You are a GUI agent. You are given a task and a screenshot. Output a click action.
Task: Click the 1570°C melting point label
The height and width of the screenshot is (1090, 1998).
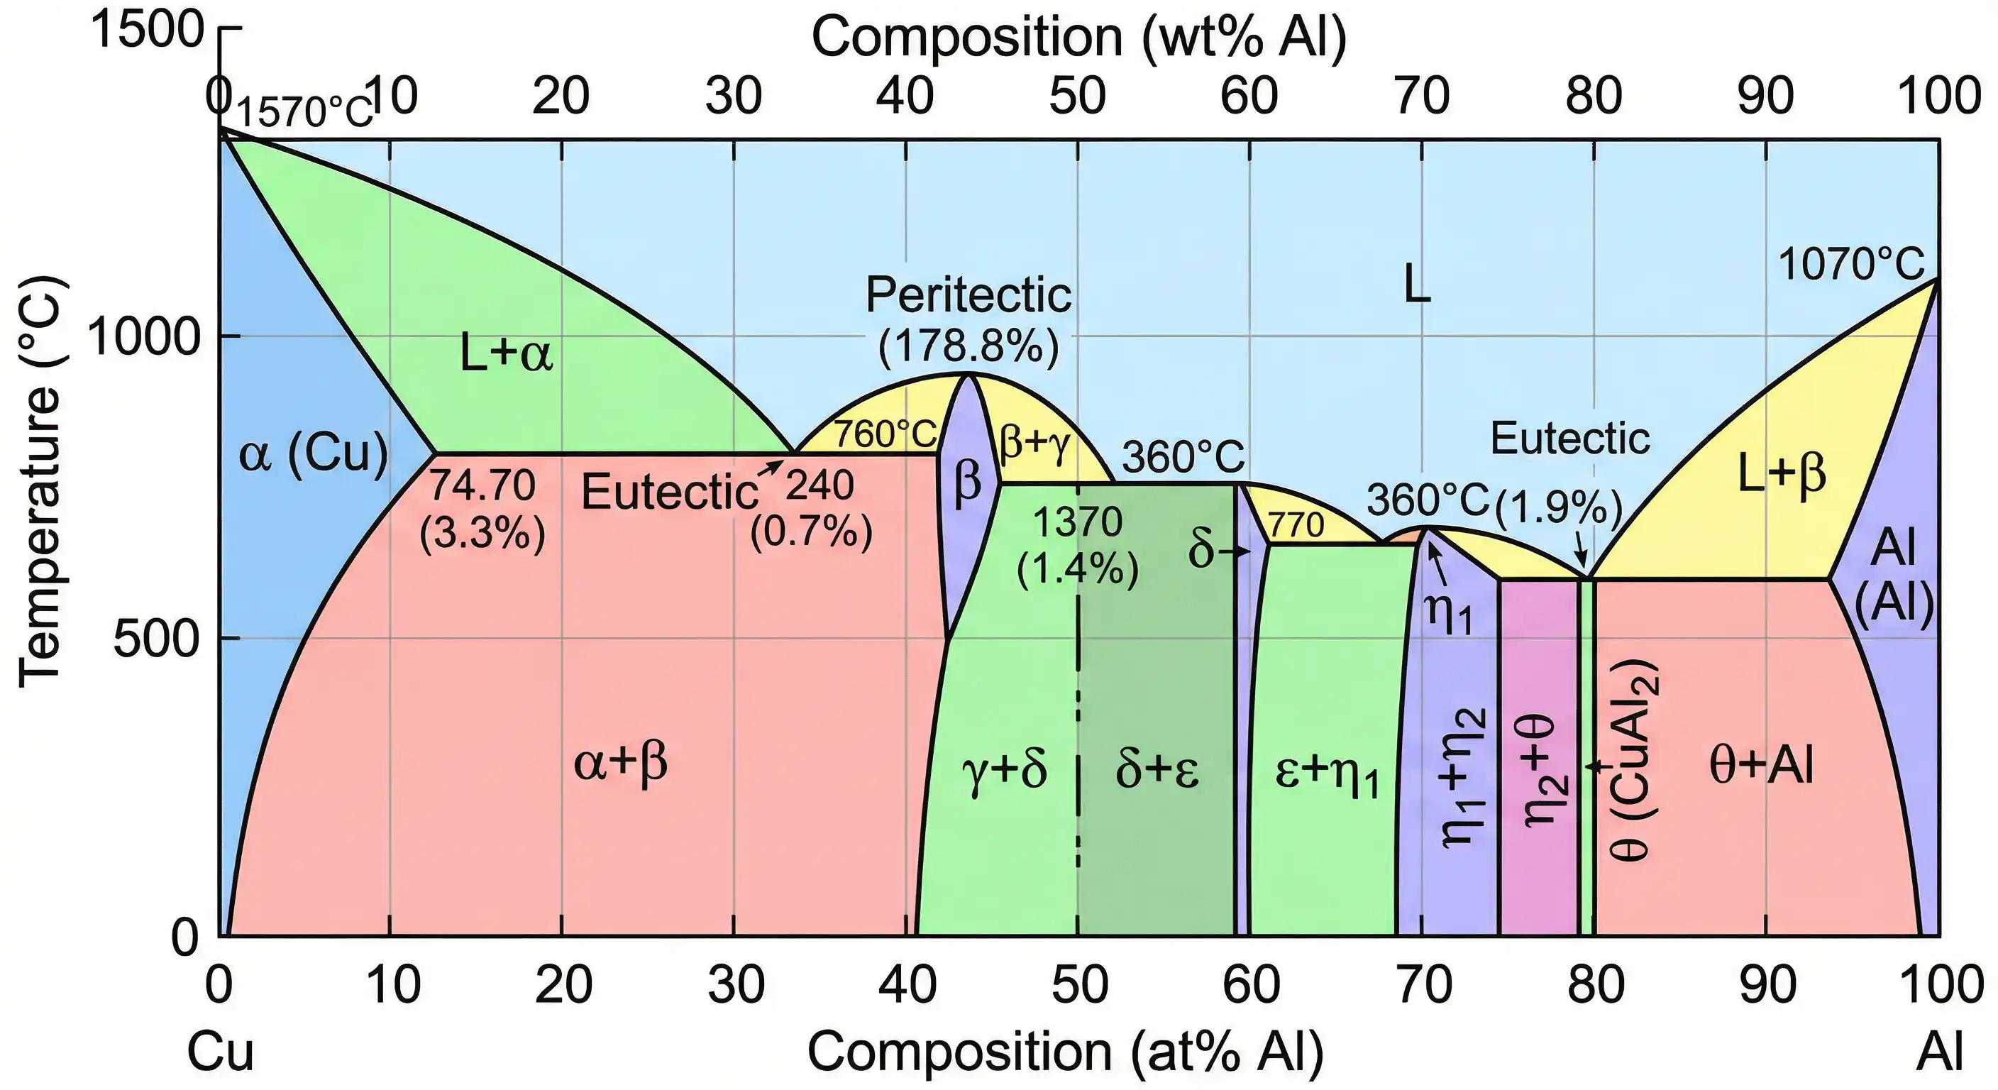click(304, 114)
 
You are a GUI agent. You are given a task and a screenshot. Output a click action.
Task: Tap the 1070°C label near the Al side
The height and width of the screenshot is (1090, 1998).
click(1850, 265)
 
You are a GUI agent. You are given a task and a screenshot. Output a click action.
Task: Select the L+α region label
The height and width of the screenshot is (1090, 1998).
click(507, 354)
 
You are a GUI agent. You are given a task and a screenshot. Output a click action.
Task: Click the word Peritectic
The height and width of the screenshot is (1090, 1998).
click(968, 296)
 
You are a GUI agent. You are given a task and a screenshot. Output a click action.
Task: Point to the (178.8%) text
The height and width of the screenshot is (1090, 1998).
click(968, 346)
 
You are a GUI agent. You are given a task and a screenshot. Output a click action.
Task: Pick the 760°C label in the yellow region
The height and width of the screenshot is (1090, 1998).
click(884, 434)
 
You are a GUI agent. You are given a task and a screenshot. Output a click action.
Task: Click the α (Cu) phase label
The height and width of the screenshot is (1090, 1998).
click(313, 454)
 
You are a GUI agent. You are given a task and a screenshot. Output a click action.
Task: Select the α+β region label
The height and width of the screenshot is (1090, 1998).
click(621, 763)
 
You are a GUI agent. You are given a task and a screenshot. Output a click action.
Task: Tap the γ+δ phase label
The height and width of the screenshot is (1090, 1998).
click(1005, 771)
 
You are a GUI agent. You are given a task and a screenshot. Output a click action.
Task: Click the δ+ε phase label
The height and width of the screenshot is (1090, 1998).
click(1157, 771)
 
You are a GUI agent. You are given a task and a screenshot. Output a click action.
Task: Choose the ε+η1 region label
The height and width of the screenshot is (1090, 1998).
click(1327, 774)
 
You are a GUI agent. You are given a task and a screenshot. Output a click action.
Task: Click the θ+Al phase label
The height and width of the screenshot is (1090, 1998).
click(1760, 766)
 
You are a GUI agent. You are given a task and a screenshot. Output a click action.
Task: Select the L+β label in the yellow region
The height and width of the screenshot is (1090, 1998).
click(1782, 474)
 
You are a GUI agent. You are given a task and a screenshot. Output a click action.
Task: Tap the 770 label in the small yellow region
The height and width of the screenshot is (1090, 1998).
click(1296, 527)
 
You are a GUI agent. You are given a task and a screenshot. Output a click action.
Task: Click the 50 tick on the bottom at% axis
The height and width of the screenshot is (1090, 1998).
click(1079, 984)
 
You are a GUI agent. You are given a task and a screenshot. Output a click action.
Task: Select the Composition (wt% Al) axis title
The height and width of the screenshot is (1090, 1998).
click(1079, 37)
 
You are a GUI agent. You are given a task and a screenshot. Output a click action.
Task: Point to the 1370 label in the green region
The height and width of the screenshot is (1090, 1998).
click(1077, 522)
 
